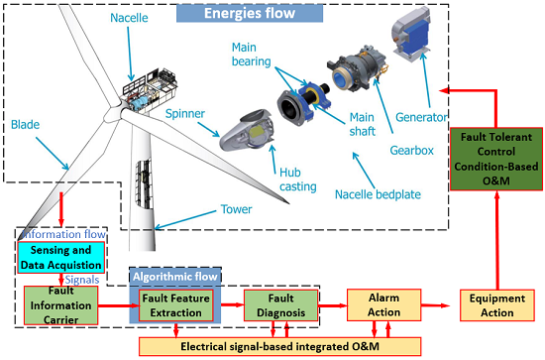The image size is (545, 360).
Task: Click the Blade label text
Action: (x=27, y=125)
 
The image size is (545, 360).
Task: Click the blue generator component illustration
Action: (x=419, y=35)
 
